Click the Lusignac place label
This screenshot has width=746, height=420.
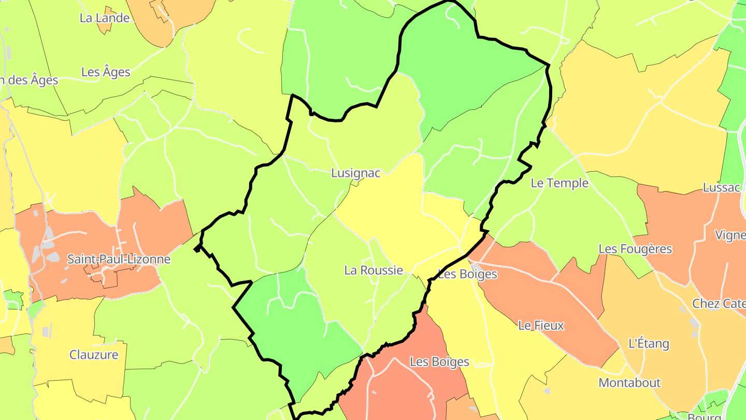(x=355, y=173)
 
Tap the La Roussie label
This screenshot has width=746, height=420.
(x=374, y=270)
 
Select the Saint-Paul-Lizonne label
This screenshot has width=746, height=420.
(x=119, y=259)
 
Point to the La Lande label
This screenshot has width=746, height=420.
(x=104, y=18)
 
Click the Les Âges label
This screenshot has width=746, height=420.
(x=106, y=72)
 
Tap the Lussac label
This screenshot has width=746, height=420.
(x=722, y=188)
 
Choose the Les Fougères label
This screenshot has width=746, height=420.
(x=635, y=249)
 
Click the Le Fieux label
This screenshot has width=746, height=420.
(x=541, y=326)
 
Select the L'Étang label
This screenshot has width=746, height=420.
(x=649, y=344)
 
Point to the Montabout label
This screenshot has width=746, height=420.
(x=629, y=383)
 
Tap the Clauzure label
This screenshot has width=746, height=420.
(x=94, y=355)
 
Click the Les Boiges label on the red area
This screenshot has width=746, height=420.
(x=439, y=362)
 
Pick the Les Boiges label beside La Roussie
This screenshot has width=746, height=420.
(x=468, y=274)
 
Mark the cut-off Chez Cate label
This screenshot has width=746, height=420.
(x=719, y=304)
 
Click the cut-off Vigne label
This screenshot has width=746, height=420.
(x=730, y=235)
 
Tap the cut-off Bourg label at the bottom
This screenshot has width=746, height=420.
(x=705, y=416)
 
